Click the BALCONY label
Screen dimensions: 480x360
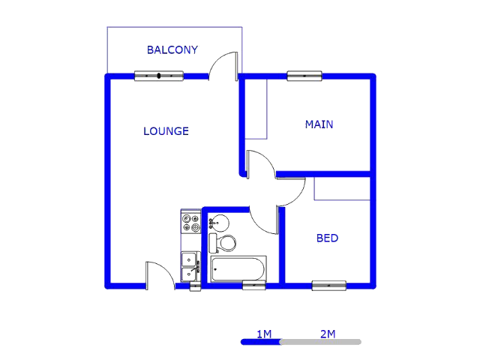[172, 50]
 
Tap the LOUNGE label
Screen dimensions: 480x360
[166, 131]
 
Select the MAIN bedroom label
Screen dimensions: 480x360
[319, 124]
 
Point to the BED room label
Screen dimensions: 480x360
[327, 238]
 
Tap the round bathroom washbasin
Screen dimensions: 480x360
[219, 223]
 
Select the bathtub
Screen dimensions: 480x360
[238, 269]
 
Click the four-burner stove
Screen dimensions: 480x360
[191, 223]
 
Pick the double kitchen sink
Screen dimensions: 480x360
[190, 266]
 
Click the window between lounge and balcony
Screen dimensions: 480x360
[159, 76]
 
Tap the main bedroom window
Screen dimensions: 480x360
[304, 76]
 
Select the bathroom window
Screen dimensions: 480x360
[253, 285]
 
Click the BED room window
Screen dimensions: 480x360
[329, 286]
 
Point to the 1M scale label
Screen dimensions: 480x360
[264, 334]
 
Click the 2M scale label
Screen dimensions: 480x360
[328, 334]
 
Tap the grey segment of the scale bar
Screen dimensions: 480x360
[321, 342]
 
